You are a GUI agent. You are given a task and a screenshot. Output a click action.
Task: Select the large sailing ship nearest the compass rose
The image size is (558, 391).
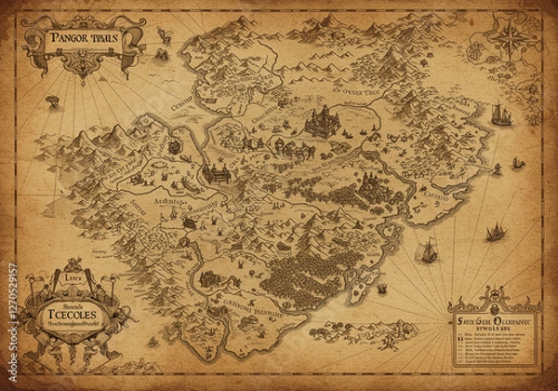[x=501, y=114]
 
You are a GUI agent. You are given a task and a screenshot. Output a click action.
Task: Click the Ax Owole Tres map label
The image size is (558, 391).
[x=346, y=93]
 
